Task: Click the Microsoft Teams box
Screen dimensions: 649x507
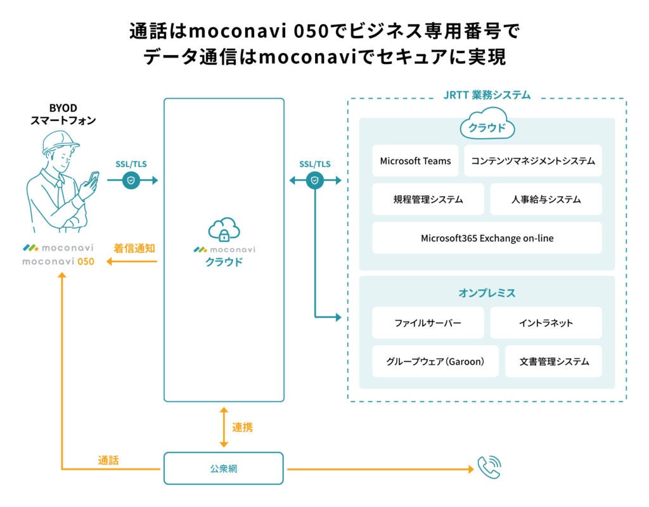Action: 415,161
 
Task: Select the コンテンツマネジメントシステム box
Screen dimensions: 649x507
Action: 533,161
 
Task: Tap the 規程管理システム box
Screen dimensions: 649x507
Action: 428,199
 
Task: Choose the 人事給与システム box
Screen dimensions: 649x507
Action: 546,199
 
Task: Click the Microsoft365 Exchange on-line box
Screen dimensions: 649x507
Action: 487,238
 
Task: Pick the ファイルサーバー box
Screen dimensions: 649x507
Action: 428,323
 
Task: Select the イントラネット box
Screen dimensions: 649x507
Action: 546,323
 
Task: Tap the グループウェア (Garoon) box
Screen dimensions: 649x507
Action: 435,361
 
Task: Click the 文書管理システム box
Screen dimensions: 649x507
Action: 554,361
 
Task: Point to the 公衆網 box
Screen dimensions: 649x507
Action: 224,468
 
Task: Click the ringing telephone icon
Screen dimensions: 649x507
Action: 489,467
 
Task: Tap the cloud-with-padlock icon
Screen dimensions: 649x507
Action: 224,229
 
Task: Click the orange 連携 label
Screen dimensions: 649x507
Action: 242,427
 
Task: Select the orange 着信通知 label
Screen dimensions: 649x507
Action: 134,248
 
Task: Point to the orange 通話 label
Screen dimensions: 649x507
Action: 108,460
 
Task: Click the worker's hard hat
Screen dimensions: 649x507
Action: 60,142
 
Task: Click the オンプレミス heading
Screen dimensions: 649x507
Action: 487,293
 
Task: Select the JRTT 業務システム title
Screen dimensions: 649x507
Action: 487,95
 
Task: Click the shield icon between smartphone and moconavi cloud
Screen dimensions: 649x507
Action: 131,180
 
